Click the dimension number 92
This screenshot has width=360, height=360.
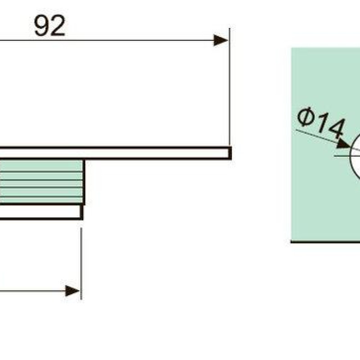[x=49, y=26]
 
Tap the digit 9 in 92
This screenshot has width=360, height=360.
[x=41, y=26]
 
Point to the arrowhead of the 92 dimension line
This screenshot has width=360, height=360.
[x=220, y=40]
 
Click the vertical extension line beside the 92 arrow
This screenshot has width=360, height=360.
[x=229, y=87]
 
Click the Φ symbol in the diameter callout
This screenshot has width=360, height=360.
[x=306, y=117]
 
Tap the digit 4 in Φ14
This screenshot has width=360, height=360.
[x=337, y=129]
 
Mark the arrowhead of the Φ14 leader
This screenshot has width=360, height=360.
[x=343, y=144]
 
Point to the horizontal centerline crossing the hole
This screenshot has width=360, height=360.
[x=347, y=156]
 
